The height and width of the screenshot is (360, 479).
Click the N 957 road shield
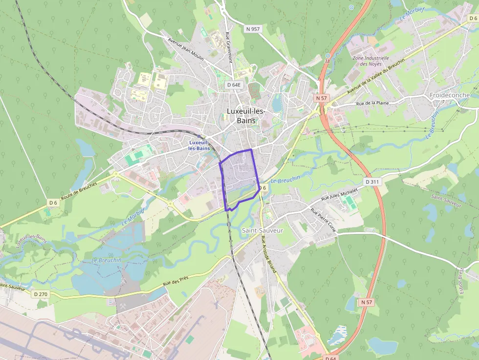(253, 29)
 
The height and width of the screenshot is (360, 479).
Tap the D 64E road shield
(234, 85)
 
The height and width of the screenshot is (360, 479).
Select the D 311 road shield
(372, 182)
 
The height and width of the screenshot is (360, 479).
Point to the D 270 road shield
(41, 294)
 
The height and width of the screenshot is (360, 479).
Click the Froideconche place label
(449, 95)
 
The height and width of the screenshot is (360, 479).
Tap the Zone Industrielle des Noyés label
(371, 61)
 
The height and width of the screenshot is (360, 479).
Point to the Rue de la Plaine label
(376, 103)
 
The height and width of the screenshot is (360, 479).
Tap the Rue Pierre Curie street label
(324, 220)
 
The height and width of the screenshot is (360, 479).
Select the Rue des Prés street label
(175, 282)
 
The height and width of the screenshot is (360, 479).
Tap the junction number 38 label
(327, 62)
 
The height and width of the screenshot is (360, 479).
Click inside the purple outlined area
(239, 176)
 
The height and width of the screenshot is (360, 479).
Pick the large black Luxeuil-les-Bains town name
(246, 116)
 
